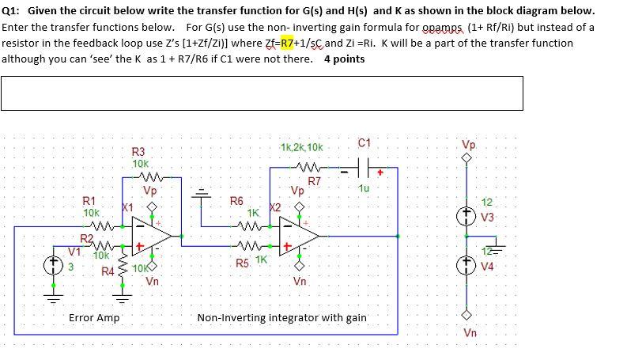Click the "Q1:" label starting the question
[x=13, y=11]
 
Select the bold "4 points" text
[x=345, y=59]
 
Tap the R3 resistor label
[x=138, y=151]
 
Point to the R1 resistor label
[x=91, y=201]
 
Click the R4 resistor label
[x=108, y=272]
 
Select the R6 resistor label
[x=236, y=201]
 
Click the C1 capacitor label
[x=364, y=143]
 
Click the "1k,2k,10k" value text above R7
[x=300, y=148]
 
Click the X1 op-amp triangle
[x=155, y=235]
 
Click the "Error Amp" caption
[x=94, y=317]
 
